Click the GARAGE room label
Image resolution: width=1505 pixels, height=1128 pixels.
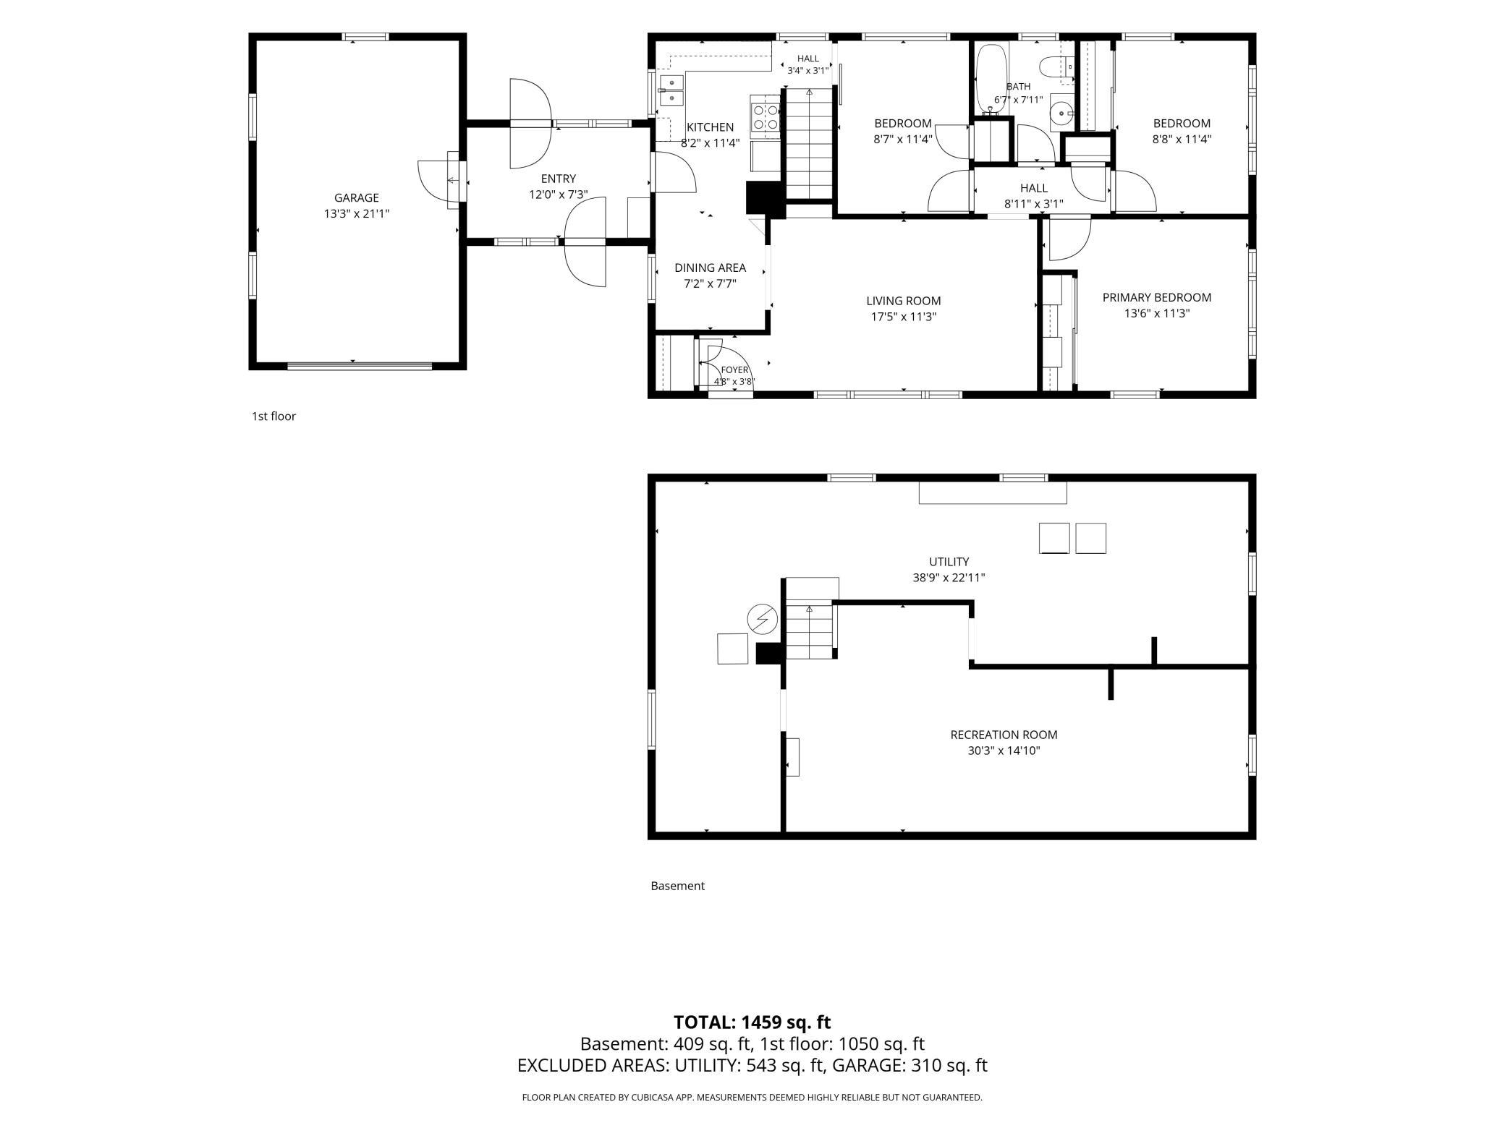point(356,197)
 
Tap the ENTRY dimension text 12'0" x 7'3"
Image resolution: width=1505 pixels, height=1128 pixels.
point(558,195)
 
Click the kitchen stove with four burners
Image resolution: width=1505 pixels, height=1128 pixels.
point(766,116)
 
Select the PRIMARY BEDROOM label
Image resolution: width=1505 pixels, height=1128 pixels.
point(1156,297)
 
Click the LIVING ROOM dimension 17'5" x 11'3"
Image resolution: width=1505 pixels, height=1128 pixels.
point(904,317)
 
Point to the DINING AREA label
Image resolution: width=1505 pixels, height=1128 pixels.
point(710,268)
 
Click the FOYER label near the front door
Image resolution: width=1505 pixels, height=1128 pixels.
point(734,370)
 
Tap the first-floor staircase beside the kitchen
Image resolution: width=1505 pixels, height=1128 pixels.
point(809,144)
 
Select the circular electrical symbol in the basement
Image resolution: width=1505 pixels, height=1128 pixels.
point(762,619)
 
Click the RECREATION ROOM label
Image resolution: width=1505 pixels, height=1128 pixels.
point(1004,735)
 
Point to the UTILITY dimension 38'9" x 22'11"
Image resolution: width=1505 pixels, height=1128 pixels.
point(949,578)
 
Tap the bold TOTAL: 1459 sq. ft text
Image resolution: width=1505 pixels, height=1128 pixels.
point(752,1022)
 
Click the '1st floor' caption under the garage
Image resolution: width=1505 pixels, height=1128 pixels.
point(274,416)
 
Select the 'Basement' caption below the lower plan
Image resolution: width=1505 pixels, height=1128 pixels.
point(677,886)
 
